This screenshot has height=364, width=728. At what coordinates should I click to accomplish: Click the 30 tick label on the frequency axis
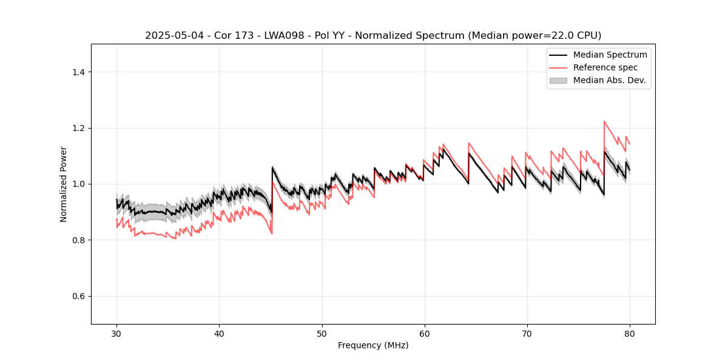116,333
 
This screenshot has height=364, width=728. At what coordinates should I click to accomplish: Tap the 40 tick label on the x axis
219,333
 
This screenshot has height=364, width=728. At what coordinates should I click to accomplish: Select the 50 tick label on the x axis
322,333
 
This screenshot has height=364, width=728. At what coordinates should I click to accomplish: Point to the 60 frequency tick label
424,333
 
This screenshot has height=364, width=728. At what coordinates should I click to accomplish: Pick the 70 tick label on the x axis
527,333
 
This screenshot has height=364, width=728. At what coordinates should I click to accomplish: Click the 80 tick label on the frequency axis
629,333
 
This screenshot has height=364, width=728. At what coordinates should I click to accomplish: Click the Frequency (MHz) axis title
373,345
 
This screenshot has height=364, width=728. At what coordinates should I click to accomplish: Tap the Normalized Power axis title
64,184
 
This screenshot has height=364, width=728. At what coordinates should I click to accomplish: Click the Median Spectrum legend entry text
610,55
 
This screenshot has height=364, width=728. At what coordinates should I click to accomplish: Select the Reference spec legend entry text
605,67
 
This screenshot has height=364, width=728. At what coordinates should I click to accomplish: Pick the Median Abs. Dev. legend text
609,80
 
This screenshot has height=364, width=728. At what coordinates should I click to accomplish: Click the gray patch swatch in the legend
558,80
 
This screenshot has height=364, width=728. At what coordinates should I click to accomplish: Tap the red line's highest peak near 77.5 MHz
604,121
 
